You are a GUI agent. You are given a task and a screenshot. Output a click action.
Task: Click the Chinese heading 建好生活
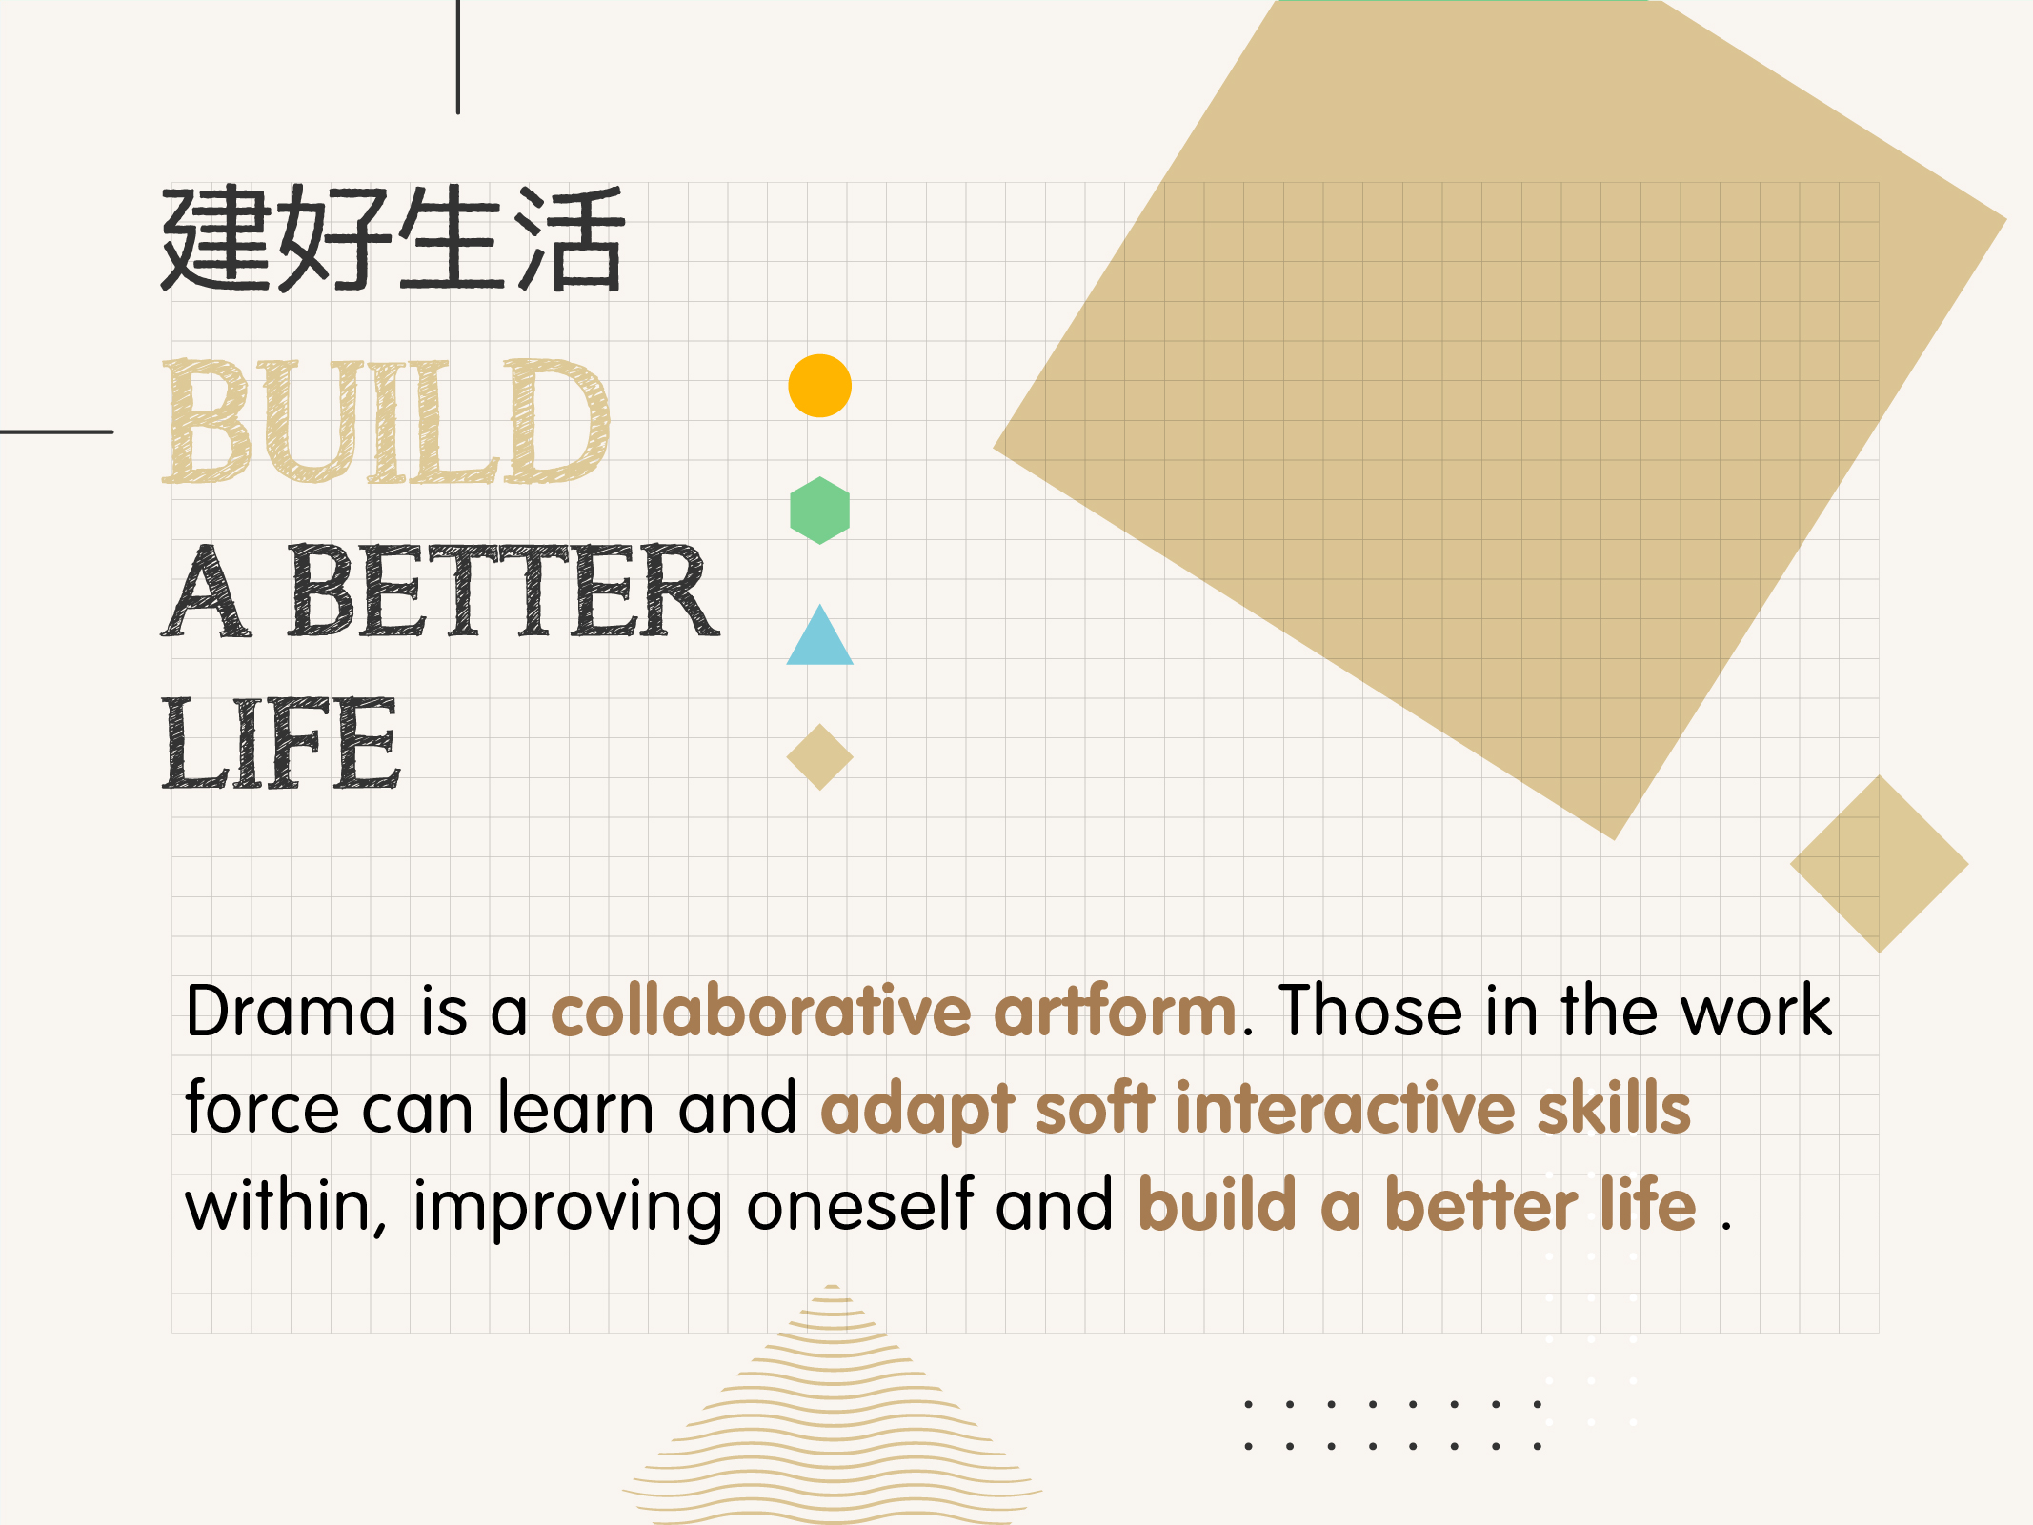point(393,238)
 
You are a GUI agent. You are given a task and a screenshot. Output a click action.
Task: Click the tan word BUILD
point(386,421)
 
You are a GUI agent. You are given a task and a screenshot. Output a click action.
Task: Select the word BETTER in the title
point(503,591)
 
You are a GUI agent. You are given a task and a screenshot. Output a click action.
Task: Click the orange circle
point(819,386)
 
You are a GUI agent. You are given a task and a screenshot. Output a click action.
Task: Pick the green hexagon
point(819,511)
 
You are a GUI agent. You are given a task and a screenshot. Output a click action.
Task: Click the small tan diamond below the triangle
point(819,757)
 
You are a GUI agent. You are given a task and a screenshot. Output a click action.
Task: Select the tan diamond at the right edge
point(1880,864)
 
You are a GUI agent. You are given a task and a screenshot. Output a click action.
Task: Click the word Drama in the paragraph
point(291,1011)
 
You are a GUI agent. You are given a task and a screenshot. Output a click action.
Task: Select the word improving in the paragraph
point(568,1208)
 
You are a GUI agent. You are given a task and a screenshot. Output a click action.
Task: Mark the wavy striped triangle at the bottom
point(833,1405)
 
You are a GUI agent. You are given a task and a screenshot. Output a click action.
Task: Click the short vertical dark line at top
point(458,57)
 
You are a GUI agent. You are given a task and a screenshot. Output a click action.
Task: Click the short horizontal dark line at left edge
point(56,431)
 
